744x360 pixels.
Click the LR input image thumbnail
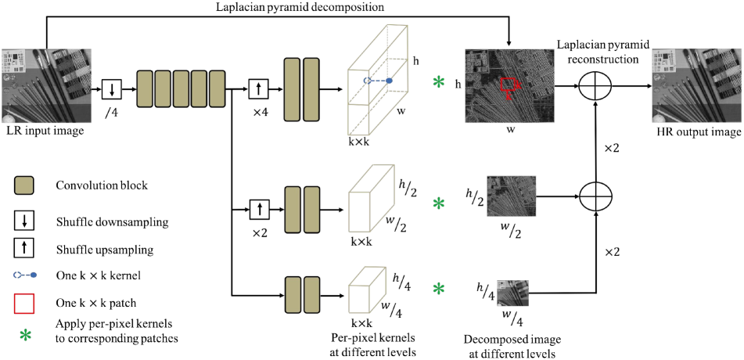pos(45,85)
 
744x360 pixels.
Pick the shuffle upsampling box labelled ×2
pos(260,209)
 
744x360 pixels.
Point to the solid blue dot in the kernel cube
pos(389,81)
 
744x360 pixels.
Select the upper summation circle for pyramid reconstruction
pos(596,86)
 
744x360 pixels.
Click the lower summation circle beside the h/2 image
pos(596,196)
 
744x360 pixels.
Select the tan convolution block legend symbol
pos(23,185)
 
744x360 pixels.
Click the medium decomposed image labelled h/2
pos(512,196)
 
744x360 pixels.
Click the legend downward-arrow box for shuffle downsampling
pos(23,222)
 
